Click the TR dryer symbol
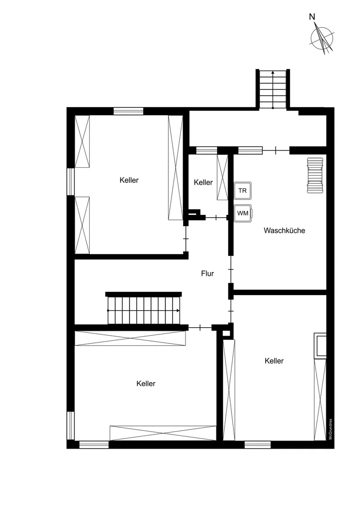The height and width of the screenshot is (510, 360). click(x=243, y=191)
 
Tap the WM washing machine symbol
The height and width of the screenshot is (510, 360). click(x=243, y=213)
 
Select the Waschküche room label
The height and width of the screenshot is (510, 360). click(x=285, y=230)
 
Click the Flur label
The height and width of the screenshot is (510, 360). click(x=207, y=273)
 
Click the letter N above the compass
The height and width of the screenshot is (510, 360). click(x=312, y=17)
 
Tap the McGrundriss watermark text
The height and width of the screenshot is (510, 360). click(x=330, y=429)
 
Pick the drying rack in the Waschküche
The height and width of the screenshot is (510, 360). click(x=315, y=175)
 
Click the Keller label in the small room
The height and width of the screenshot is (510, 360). click(x=203, y=182)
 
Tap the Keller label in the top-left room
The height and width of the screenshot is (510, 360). click(x=129, y=180)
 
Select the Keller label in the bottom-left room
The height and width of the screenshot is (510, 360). click(x=146, y=384)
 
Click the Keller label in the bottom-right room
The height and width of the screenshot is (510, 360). click(x=274, y=361)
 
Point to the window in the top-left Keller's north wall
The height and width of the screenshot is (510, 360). click(x=128, y=111)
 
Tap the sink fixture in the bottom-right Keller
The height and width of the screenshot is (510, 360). click(x=320, y=346)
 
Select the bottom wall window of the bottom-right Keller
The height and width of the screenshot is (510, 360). click(x=258, y=445)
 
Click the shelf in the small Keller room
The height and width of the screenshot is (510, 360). click(x=223, y=178)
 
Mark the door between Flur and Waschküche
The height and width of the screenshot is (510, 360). click(x=231, y=270)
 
